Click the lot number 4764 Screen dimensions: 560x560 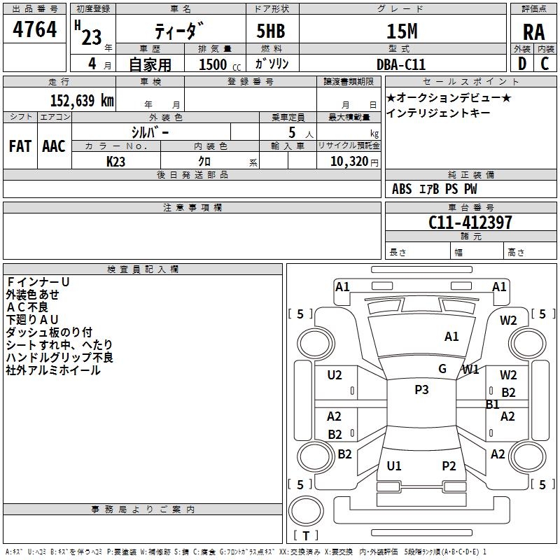click(x=34, y=29)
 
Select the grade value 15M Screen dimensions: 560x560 click(x=402, y=31)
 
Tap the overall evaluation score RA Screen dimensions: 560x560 click(x=533, y=32)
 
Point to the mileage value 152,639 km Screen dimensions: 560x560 click(x=82, y=100)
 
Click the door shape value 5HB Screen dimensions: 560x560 click(x=271, y=31)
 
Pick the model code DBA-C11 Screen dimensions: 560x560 click(x=401, y=64)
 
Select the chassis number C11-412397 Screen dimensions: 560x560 click(x=470, y=222)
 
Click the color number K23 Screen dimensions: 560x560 click(x=115, y=162)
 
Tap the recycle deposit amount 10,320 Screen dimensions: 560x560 click(x=349, y=162)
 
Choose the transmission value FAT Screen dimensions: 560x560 click(x=20, y=146)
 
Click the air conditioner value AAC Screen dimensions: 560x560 click(x=54, y=146)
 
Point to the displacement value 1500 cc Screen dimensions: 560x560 click(x=220, y=64)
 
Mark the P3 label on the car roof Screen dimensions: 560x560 click(x=421, y=390)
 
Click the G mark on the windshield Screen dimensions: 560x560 click(x=442, y=369)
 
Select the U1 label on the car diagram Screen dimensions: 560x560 click(x=394, y=466)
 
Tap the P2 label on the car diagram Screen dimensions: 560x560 click(x=449, y=466)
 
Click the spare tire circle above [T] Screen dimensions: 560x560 click(x=306, y=511)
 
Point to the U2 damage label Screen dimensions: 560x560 click(x=335, y=375)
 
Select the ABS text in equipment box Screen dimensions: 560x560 click(x=402, y=189)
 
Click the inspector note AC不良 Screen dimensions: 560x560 click(x=27, y=307)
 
